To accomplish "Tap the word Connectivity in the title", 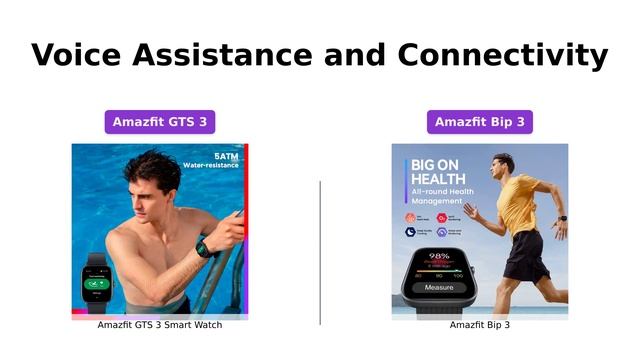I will tap(502, 54).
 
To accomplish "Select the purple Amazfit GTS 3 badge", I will tap(160, 122).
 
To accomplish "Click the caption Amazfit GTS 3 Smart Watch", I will tap(160, 325).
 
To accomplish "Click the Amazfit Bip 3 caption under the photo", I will tap(479, 325).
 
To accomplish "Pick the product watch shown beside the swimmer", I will tap(97, 284).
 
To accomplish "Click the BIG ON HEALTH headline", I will tap(437, 171).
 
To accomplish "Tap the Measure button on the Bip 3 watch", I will tap(439, 287).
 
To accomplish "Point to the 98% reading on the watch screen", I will tap(439, 257).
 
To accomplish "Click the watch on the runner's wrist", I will tap(561, 217).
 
